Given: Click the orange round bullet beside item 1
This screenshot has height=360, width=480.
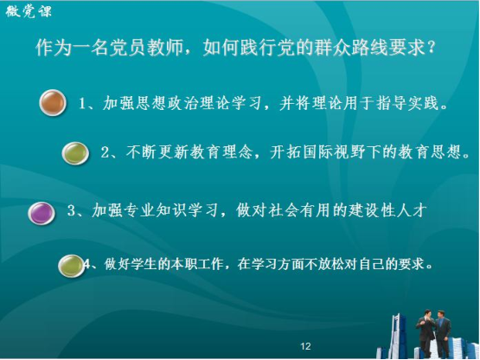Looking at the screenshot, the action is (53, 103).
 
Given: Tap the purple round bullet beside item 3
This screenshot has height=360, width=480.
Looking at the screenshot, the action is (42, 213).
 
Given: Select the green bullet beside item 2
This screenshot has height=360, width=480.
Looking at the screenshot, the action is (75, 153).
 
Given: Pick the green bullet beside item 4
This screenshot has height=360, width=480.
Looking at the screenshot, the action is (71, 266).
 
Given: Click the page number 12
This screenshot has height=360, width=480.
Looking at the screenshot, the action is (305, 346).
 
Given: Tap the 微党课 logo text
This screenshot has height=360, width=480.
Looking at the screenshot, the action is (29, 11).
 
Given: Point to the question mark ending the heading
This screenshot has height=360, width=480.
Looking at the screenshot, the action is (432, 47).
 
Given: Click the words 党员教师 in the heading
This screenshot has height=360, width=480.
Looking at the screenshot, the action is (146, 48).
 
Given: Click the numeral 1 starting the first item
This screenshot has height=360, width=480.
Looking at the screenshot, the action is (82, 103).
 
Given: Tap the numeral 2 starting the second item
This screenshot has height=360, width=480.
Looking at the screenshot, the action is (105, 152).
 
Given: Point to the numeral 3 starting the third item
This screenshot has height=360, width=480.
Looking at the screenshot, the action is (71, 210).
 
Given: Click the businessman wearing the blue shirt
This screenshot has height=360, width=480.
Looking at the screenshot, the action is (443, 333).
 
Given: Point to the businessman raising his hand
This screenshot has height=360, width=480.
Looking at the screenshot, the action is (426, 333).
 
